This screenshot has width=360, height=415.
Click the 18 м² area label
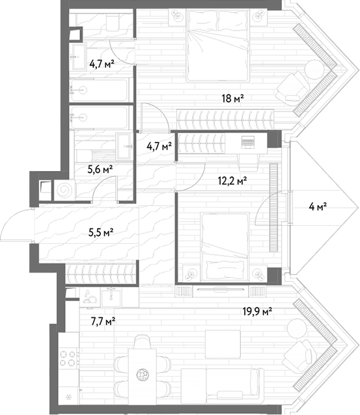(x=232, y=99)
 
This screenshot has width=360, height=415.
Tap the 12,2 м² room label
(x=232, y=181)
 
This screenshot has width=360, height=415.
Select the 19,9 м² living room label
(x=258, y=312)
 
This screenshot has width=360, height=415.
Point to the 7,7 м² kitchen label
(x=103, y=322)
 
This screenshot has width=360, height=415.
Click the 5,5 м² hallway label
(x=101, y=233)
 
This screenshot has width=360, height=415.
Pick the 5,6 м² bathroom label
(x=100, y=169)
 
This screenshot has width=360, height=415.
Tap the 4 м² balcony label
(x=318, y=206)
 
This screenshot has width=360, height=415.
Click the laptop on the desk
(x=247, y=142)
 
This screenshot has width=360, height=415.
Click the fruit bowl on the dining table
(x=143, y=375)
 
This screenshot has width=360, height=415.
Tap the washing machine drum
(x=64, y=190)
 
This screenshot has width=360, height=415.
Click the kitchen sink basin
(x=111, y=297)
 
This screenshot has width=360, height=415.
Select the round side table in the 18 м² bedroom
(x=314, y=70)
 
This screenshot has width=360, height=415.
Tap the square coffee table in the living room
(x=223, y=344)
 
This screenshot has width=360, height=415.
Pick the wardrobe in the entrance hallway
(x=101, y=274)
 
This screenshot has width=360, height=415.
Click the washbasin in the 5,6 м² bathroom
(x=124, y=146)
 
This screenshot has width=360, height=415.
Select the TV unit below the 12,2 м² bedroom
(x=221, y=291)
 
